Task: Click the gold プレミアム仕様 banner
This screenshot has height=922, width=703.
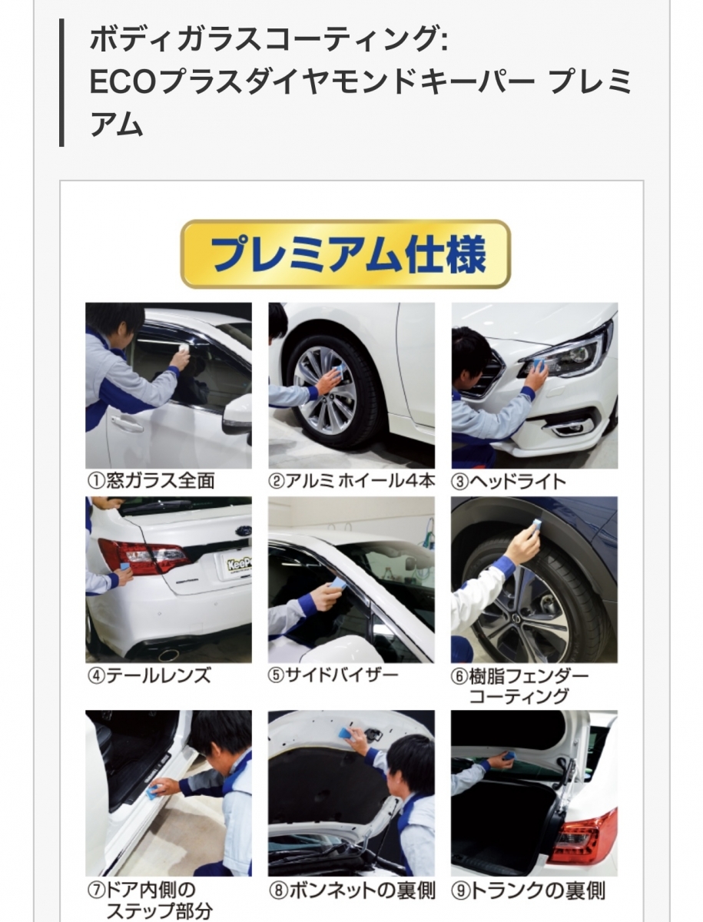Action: [x=345, y=254]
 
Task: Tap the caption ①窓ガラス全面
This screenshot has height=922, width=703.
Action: [x=151, y=481]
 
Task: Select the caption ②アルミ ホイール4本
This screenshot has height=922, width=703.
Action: [x=352, y=481]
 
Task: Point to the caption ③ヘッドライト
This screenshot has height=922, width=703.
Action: [x=509, y=482]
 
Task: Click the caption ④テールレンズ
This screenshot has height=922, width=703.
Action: [x=149, y=675]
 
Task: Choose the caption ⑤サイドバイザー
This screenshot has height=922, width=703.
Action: [x=333, y=675]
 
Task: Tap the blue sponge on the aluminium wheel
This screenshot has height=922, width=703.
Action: [x=337, y=373]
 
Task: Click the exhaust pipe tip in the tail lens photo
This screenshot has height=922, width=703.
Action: [x=167, y=655]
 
